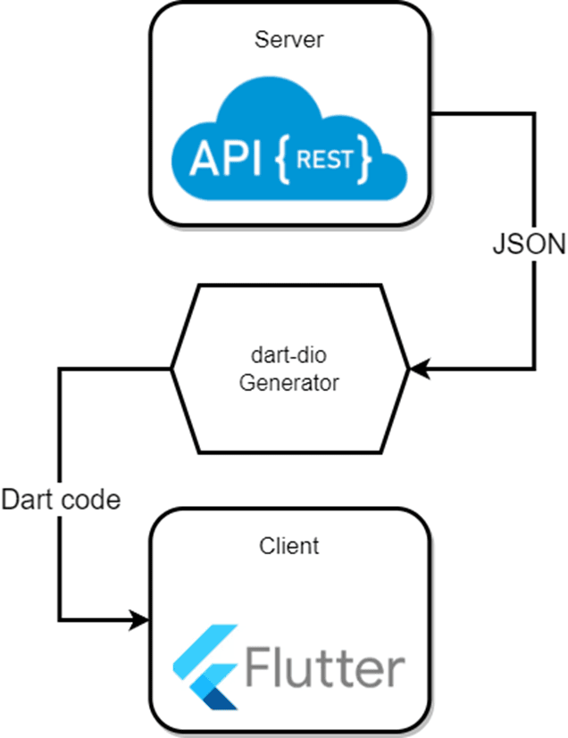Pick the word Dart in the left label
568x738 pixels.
[27, 500]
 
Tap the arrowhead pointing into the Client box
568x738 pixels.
[140, 618]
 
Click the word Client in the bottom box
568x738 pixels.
[288, 544]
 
